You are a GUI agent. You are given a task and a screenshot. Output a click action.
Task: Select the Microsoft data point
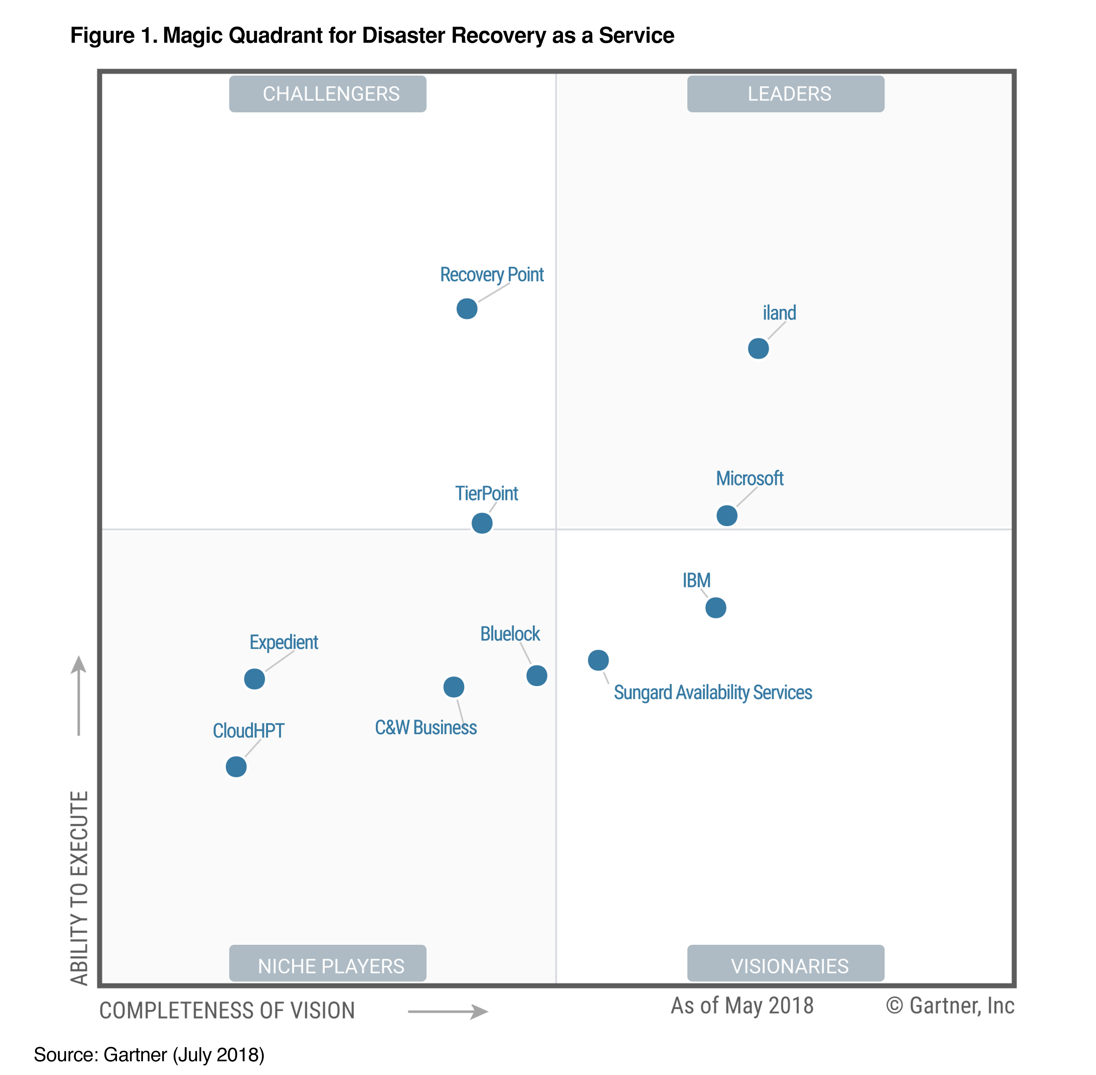tap(727, 516)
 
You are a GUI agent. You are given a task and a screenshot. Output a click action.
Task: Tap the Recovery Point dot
tap(467, 309)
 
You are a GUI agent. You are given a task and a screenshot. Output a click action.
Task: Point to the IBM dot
tap(715, 607)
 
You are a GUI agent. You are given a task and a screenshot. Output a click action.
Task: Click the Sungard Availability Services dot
tap(598, 660)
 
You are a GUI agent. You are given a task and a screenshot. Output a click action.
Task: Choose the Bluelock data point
tap(536, 675)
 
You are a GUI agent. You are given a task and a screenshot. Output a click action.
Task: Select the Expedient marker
tap(254, 679)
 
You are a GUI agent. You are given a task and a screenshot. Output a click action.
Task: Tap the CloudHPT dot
tap(236, 767)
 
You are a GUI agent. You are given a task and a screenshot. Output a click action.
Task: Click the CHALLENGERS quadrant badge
tap(327, 94)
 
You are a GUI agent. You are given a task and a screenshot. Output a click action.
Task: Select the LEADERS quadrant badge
tap(785, 94)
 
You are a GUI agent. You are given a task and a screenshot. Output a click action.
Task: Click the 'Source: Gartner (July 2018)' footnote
tap(149, 1055)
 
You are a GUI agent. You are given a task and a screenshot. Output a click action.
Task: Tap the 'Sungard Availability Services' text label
tap(713, 693)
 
